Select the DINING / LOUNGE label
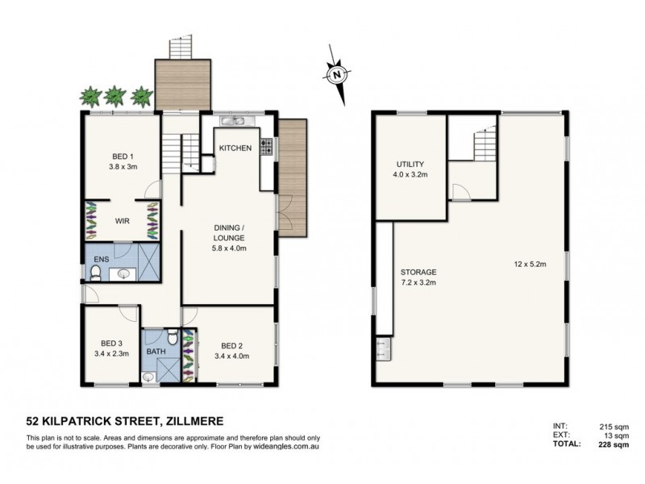coord(229,232)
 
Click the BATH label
coord(156,352)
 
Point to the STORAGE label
coord(417,273)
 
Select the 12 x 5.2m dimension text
coord(531,262)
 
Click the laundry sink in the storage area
coord(381,349)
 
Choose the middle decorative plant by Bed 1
coord(117,95)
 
